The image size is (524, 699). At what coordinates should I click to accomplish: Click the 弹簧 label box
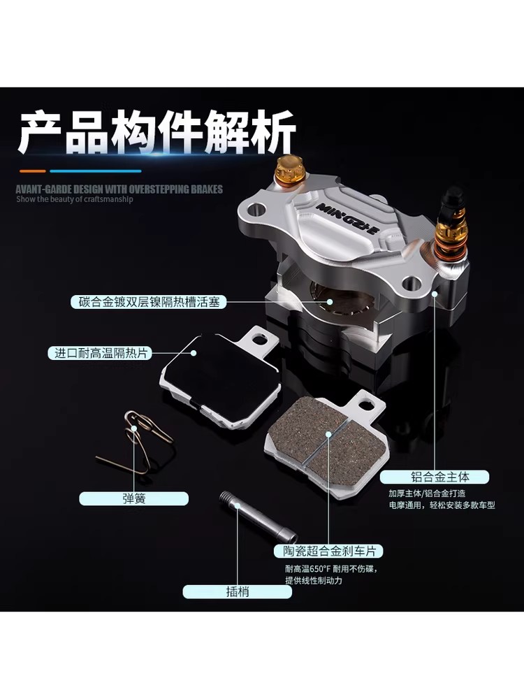(133, 498)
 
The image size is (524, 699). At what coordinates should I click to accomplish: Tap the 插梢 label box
(237, 591)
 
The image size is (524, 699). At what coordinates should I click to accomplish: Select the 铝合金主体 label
(435, 477)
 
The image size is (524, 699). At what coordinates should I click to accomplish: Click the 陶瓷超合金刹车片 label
(328, 551)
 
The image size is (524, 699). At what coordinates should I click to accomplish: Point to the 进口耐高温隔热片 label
(100, 353)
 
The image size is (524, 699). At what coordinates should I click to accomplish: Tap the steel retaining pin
(259, 517)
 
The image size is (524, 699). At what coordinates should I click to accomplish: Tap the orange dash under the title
(33, 171)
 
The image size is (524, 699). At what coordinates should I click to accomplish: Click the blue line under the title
(95, 171)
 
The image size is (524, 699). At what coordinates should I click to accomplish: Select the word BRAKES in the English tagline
(207, 189)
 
